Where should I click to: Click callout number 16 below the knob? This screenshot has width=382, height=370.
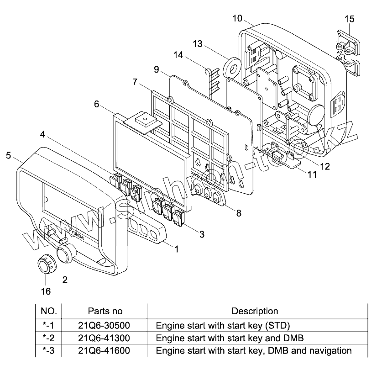46,291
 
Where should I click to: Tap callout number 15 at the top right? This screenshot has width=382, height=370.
349,19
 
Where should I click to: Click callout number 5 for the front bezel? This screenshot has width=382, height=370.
9,155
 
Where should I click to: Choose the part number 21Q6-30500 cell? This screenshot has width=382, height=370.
105,326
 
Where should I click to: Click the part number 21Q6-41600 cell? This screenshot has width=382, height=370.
105,351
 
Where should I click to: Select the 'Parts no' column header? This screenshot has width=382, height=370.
105,312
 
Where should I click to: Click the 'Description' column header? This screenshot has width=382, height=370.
255,312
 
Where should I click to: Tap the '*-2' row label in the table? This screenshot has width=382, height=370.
48,338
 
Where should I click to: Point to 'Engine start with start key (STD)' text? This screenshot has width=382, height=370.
223,326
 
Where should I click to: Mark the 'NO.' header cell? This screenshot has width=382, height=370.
48,312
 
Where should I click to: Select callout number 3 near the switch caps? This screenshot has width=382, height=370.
201,234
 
